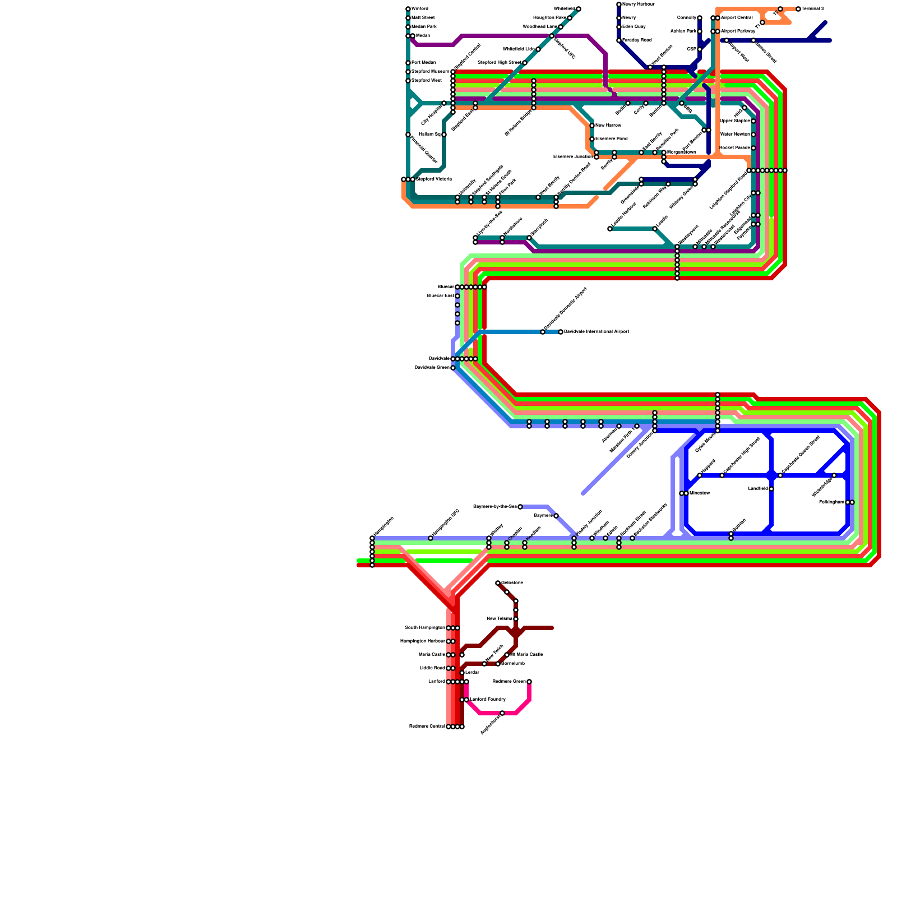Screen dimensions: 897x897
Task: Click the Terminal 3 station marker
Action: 798,9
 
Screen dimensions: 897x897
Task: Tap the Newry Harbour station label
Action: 638,4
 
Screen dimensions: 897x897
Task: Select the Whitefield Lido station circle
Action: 538,49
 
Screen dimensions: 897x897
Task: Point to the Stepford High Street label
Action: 499,63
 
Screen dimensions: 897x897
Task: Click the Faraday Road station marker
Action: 619,40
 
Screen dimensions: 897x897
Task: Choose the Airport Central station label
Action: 737,18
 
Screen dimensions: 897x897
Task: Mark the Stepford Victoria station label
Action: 433,179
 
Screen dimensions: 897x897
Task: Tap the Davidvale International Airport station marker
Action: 561,332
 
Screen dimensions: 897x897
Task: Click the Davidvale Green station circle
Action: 453,368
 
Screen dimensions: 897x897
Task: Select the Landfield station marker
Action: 771,489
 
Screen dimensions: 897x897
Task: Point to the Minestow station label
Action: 700,493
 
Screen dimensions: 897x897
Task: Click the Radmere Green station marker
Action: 529,682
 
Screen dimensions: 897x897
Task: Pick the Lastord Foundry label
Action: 488,700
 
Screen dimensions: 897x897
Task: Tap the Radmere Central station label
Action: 427,727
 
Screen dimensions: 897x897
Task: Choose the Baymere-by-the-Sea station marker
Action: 520,507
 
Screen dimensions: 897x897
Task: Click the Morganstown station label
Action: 682,152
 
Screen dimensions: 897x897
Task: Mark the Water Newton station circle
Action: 753,135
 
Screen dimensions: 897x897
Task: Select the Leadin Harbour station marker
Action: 610,229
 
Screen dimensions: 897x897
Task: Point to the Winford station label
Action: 420,9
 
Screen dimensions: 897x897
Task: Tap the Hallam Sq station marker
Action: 444,135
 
